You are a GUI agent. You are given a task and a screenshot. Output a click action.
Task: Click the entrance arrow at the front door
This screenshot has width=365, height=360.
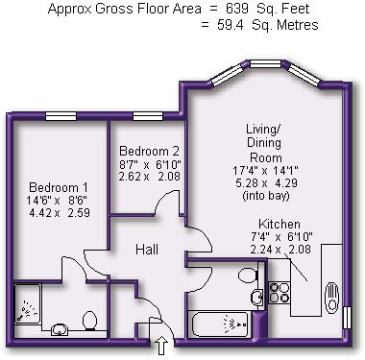click(162, 346)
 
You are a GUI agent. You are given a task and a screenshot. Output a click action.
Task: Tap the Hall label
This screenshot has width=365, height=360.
click(147, 250)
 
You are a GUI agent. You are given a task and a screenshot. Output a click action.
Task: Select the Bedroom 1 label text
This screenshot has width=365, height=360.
click(59, 187)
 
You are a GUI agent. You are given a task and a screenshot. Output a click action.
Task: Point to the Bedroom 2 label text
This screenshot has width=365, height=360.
click(149, 151)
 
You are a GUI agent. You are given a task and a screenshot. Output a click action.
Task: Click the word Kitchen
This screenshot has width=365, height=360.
click(280, 224)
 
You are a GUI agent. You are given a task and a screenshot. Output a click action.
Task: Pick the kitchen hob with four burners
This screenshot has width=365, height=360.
click(280, 293)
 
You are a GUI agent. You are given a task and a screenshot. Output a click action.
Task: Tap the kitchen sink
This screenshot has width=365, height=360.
click(331, 298)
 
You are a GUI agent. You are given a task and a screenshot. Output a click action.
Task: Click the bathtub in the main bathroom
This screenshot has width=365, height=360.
click(220, 324)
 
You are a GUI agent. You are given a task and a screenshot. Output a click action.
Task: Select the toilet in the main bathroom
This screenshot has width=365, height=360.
click(248, 275)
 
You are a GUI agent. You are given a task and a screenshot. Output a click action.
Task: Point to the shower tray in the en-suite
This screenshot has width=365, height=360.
click(28, 303)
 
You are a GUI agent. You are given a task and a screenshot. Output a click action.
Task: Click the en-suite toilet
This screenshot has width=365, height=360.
click(90, 321)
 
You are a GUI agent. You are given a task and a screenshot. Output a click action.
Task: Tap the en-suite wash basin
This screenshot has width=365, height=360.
click(60, 329)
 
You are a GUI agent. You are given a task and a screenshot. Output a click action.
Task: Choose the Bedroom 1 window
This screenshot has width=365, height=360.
click(61, 116)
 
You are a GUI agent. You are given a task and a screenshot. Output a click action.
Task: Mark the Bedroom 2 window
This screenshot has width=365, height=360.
click(148, 116)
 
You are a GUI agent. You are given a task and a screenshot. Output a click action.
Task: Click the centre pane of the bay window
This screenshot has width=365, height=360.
click(265, 64)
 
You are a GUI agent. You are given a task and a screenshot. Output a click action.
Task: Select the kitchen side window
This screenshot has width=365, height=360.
click(347, 318)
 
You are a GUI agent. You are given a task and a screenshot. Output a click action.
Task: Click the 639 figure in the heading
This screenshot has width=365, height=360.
click(237, 9)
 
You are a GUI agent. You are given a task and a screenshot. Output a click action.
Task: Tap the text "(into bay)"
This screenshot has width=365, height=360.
click(266, 195)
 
